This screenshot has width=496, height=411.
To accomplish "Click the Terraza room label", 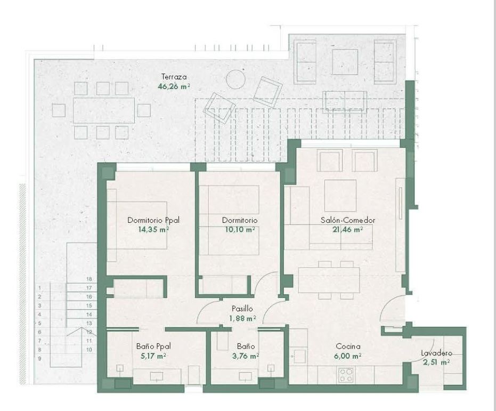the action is coord(174,77).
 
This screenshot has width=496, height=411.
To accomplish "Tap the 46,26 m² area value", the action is coord(174,86).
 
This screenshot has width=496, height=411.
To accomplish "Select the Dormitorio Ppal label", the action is coord(153,220).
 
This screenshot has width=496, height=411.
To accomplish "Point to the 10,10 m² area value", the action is coord(240,229).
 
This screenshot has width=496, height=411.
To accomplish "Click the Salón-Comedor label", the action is coord(348,220).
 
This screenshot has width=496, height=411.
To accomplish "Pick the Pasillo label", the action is coord(242,309).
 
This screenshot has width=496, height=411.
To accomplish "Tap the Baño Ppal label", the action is coord(153,346).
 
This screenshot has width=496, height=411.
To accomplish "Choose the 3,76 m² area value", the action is coord(246,356).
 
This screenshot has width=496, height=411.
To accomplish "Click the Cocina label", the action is coord(348,346).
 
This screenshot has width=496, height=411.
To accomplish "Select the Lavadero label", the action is coord(436,353).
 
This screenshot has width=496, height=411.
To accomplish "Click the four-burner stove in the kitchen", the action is coord(346,375).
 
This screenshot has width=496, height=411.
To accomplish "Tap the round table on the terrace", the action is coord(235,79).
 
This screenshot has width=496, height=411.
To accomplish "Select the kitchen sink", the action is coord(299,356).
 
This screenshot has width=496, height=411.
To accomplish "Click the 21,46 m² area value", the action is coord(347,229).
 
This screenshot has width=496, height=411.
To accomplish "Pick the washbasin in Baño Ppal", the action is coord(157,376).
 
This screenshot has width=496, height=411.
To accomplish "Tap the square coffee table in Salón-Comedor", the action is coord(340,196).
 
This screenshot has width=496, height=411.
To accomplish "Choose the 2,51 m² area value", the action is coord(436,362).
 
